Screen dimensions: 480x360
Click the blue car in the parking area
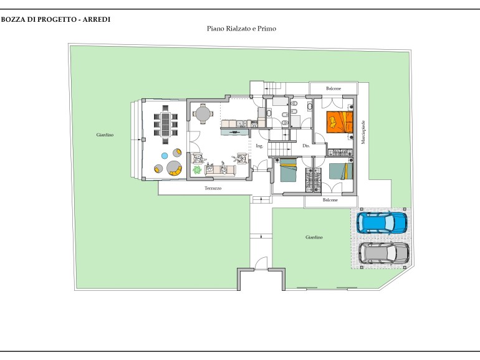click(x=382, y=222)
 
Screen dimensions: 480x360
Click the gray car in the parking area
click(x=384, y=253)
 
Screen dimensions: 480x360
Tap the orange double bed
click(x=340, y=122)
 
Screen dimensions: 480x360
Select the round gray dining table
click(x=203, y=114)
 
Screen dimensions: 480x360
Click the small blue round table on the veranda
click(x=165, y=156)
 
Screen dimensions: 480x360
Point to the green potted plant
click(x=197, y=170)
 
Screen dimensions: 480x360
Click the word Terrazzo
click(x=213, y=189)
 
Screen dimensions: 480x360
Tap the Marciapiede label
click(x=363, y=132)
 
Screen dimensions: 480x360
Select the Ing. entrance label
click(x=259, y=146)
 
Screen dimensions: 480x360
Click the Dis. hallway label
click(x=306, y=146)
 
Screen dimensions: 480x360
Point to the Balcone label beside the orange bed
click(x=334, y=88)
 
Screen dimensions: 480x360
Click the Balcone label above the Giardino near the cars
click(x=330, y=200)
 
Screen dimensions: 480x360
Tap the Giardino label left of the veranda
click(x=105, y=135)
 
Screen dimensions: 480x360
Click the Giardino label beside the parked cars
click(x=314, y=237)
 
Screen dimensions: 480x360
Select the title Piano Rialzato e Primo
click(x=241, y=29)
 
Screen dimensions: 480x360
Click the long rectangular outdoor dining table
click(x=166, y=124)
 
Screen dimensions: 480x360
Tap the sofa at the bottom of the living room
click(x=220, y=170)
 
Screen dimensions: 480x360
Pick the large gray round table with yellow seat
click(x=174, y=168)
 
